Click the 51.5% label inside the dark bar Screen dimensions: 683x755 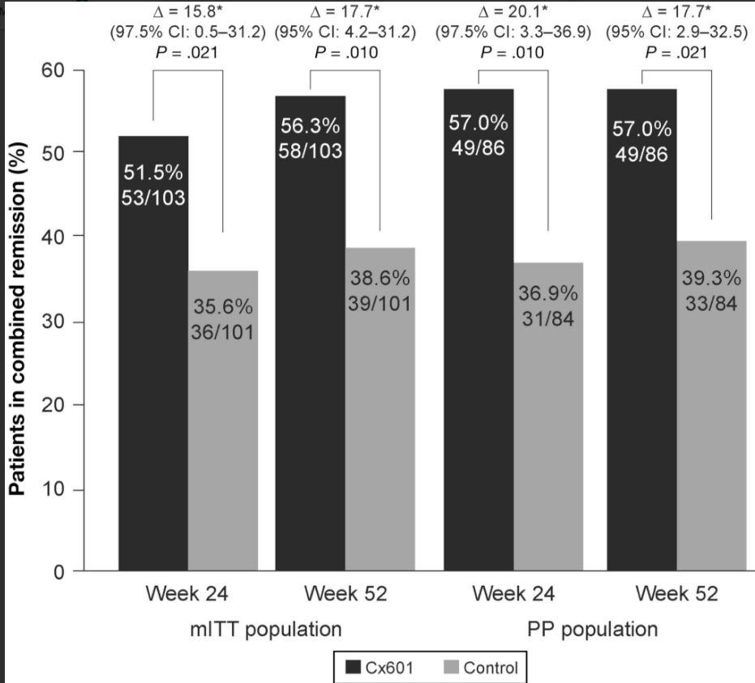tap(154, 172)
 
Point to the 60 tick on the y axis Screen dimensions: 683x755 tap(54, 70)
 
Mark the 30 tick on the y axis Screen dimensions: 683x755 tap(54, 322)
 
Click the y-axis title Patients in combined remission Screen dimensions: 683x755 tap(17, 321)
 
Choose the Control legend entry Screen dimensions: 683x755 tap(481, 668)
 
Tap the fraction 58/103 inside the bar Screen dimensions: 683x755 tap(311, 152)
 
